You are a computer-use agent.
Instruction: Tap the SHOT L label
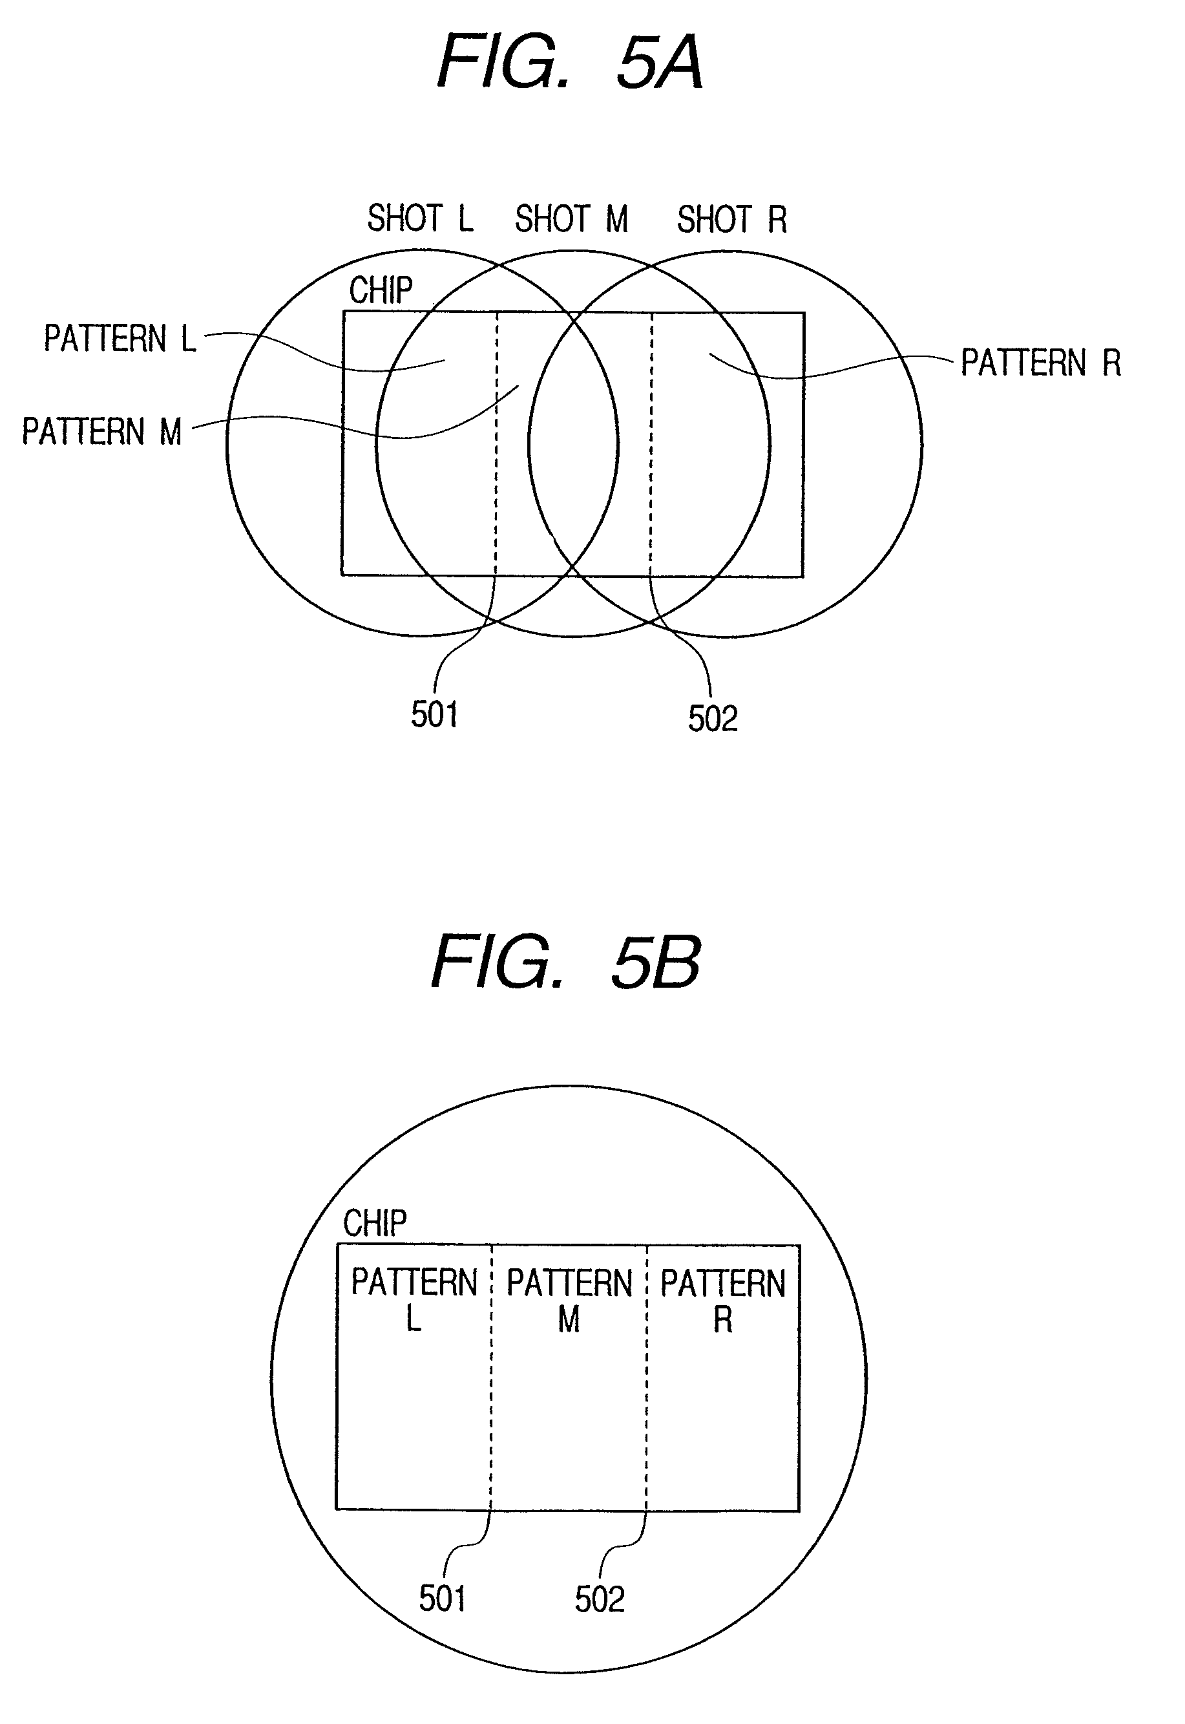point(419,218)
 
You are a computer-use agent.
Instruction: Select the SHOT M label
point(571,219)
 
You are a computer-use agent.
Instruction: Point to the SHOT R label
point(731,220)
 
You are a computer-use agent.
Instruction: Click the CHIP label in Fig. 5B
point(374,1224)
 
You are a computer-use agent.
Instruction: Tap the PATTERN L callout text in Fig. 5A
point(120,339)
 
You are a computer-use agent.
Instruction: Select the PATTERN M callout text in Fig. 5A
point(101,432)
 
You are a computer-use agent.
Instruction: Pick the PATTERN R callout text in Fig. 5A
point(1040,363)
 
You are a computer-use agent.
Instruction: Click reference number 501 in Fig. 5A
point(434,714)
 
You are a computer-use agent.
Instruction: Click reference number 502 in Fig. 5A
point(712,718)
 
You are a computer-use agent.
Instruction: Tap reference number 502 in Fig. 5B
point(599,1599)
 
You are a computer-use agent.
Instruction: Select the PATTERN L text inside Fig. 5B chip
point(414,1300)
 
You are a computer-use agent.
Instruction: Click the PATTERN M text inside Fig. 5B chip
point(569,1301)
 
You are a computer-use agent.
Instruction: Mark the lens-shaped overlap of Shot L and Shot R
point(572,444)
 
